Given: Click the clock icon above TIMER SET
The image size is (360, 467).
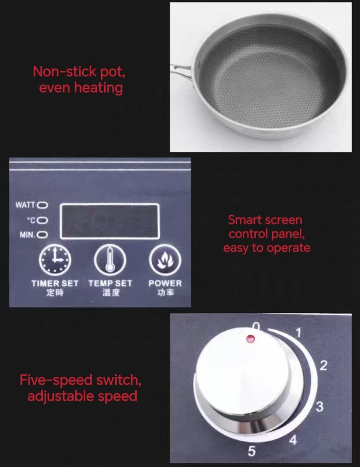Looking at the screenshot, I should click(x=55, y=260).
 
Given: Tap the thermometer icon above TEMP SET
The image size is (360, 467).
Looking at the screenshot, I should click(x=110, y=260).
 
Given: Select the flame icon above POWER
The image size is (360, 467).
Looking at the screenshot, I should click(x=165, y=260).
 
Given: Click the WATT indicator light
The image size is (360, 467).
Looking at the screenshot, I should click(x=42, y=205).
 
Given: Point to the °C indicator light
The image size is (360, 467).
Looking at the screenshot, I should click(x=42, y=220).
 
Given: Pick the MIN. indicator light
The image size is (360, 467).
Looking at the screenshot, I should click(x=42, y=235).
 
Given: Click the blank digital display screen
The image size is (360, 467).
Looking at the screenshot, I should click(x=109, y=221).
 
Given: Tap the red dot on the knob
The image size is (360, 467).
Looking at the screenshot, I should click(x=250, y=339).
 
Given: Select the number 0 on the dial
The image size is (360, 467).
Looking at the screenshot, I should click(x=256, y=327).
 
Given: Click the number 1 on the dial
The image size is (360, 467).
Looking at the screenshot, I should click(x=298, y=333).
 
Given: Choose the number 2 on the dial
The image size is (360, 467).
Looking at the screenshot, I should click(x=324, y=365).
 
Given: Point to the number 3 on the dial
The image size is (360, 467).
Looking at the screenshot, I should click(x=319, y=406).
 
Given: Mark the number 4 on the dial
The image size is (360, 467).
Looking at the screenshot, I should click(x=293, y=440).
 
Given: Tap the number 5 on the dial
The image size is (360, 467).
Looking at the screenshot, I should click(x=252, y=451).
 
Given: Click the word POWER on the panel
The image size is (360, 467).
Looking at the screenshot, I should click(x=165, y=283).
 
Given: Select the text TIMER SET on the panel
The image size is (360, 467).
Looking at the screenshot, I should click(x=55, y=283).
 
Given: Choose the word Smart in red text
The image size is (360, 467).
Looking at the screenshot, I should click(x=244, y=220).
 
